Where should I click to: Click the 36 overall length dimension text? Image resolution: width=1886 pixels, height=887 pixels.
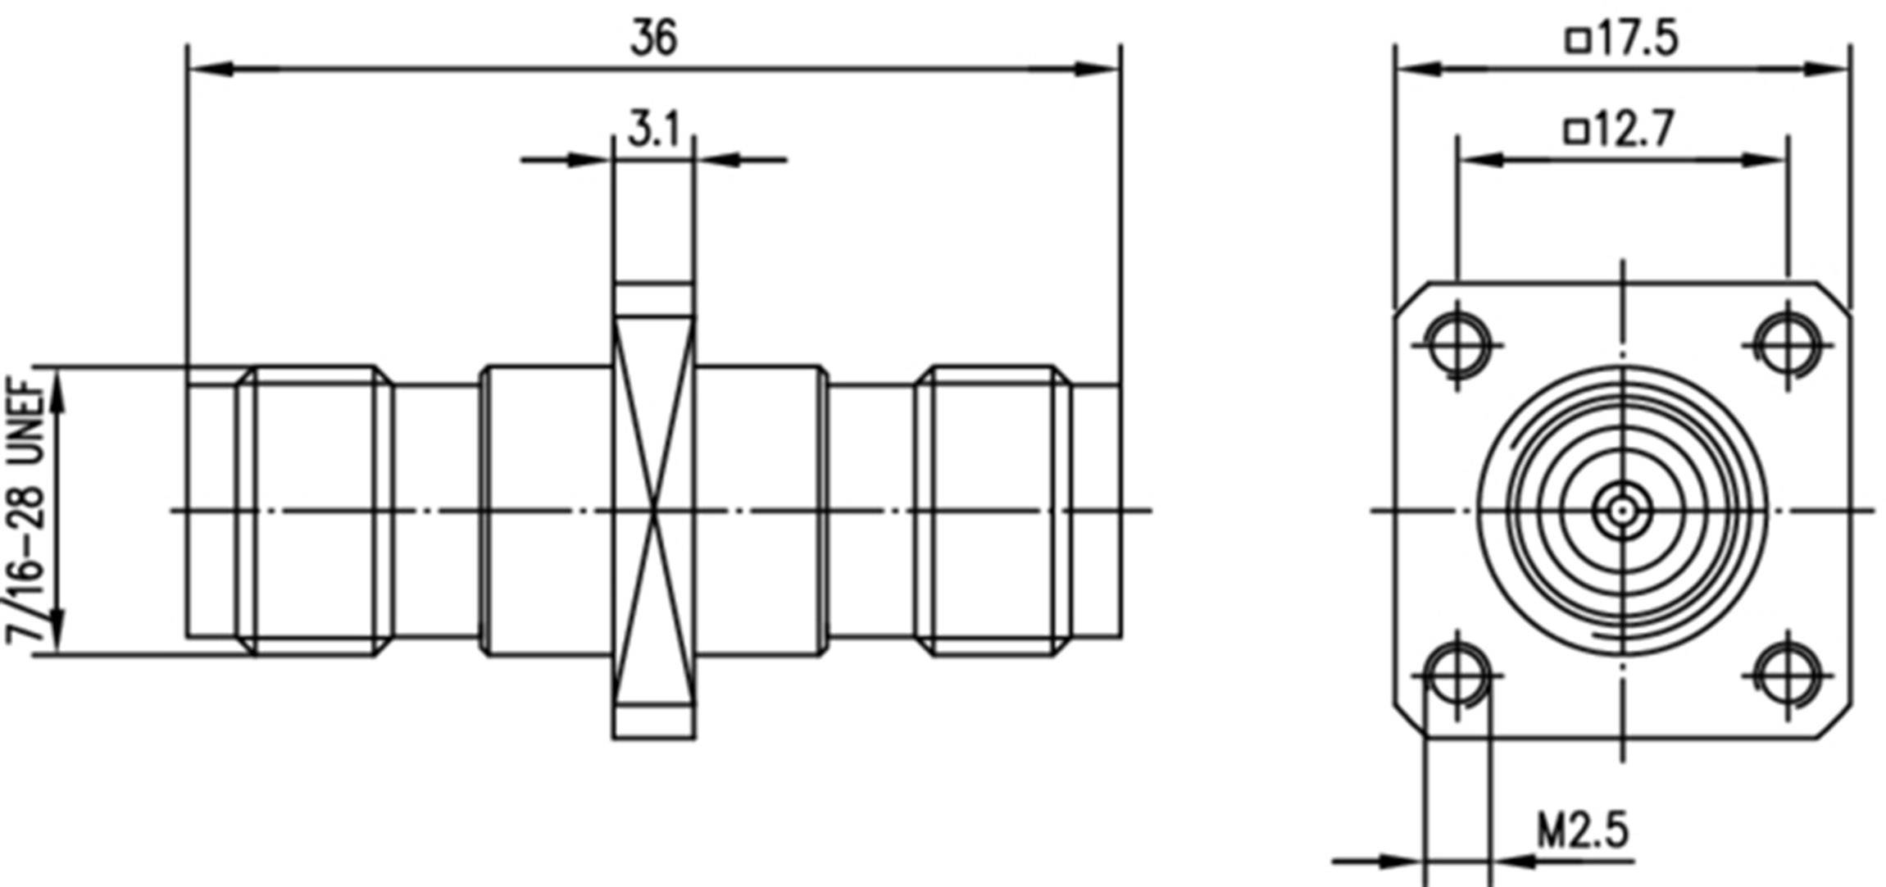point(653,39)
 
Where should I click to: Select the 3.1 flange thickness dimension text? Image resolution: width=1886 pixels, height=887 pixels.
point(654,130)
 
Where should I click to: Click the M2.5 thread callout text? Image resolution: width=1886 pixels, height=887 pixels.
point(1582,831)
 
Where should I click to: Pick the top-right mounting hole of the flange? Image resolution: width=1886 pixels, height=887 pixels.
point(1788,344)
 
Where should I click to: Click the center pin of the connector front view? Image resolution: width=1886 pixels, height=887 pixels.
point(1622,511)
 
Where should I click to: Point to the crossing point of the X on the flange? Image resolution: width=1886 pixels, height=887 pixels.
point(654,511)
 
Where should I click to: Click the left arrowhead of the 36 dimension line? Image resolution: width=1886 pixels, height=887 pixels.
point(209,70)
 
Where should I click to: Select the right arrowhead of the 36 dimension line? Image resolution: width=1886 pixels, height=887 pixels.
point(1098,70)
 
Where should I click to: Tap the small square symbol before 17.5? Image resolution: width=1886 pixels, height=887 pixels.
point(1578,40)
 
